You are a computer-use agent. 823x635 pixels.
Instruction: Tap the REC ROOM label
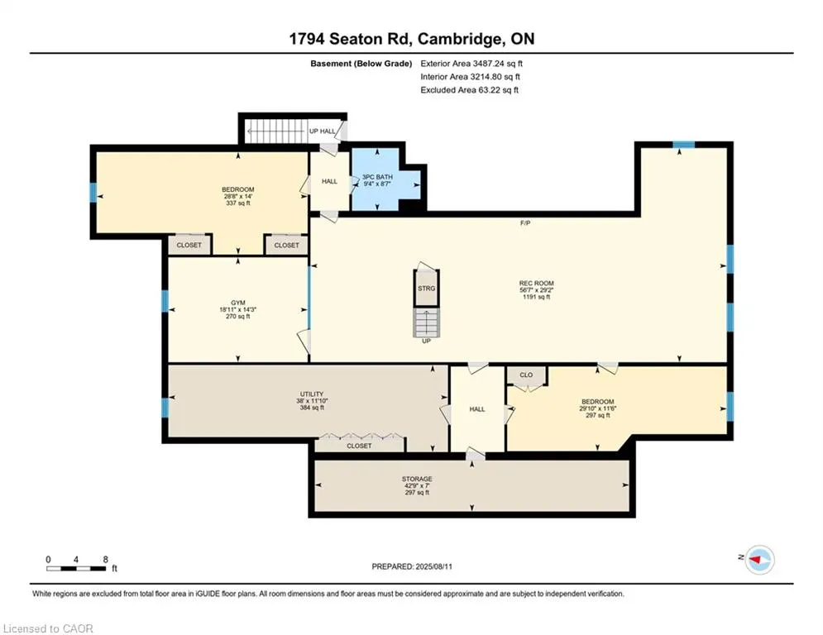pos(537,284)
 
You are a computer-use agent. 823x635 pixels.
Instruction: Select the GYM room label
pos(237,303)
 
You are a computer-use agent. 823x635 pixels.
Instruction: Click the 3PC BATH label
pos(377,178)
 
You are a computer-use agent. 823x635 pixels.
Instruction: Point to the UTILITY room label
pos(312,394)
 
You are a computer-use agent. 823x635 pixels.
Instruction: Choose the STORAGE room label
pos(417,479)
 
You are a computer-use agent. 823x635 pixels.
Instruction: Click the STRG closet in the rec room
pos(427,288)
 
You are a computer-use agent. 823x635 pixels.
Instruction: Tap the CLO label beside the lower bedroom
pos(526,375)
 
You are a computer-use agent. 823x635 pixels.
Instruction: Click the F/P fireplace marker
pos(525,223)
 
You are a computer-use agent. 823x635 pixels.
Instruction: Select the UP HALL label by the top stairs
pos(323,131)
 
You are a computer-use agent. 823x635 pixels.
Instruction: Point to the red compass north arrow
pos(755,560)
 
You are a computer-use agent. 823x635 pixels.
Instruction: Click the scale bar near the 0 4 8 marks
pos(76,568)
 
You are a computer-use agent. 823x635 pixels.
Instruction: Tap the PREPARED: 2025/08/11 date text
pos(412,566)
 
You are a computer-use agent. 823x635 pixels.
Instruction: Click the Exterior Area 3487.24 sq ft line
pos(471,64)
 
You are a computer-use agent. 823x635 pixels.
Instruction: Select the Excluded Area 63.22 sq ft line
pos(469,90)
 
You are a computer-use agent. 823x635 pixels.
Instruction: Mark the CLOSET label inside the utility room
pos(359,446)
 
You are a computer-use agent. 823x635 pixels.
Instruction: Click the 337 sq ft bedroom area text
pos(237,203)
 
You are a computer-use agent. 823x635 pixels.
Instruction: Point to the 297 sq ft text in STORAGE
pos(417,493)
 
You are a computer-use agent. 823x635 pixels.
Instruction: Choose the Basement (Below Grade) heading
pos(361,64)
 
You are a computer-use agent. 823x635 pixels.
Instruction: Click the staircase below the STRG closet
pos(427,322)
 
